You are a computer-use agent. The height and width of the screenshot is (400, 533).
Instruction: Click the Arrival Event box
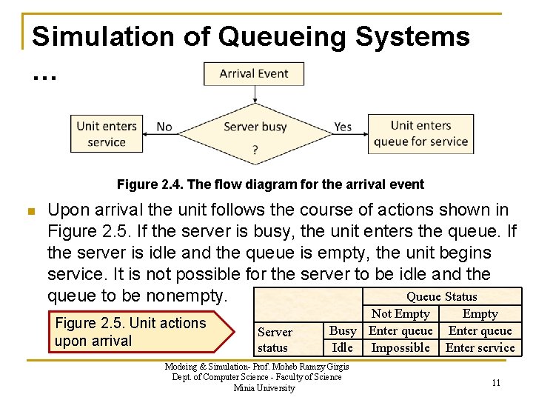pos(253,73)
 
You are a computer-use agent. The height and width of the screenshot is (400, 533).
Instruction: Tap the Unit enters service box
pos(107,134)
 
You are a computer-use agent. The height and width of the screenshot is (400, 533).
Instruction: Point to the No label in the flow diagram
pos(164,127)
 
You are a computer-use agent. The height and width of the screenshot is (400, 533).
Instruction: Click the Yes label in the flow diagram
pos(343,127)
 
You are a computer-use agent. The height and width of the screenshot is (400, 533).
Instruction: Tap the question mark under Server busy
pos(255,149)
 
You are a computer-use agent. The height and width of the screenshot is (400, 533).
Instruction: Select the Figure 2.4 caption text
pos(270,184)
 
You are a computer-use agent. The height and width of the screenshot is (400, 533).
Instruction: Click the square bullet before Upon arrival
pos(30,211)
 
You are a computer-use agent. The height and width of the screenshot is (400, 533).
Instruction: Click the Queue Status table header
pos(442,296)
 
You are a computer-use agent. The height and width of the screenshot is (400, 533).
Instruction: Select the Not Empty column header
pos(400,313)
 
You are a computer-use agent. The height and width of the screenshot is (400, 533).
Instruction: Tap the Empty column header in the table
pos(480,313)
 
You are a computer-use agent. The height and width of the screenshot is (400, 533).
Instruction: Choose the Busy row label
pos(343,330)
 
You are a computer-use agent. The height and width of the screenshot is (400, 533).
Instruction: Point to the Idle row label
pos(343,347)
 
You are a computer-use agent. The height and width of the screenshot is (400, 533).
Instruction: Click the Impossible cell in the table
pos(400,347)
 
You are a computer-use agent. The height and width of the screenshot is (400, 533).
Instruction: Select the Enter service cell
pos(480,347)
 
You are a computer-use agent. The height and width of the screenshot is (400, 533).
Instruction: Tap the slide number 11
pos(496,382)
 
